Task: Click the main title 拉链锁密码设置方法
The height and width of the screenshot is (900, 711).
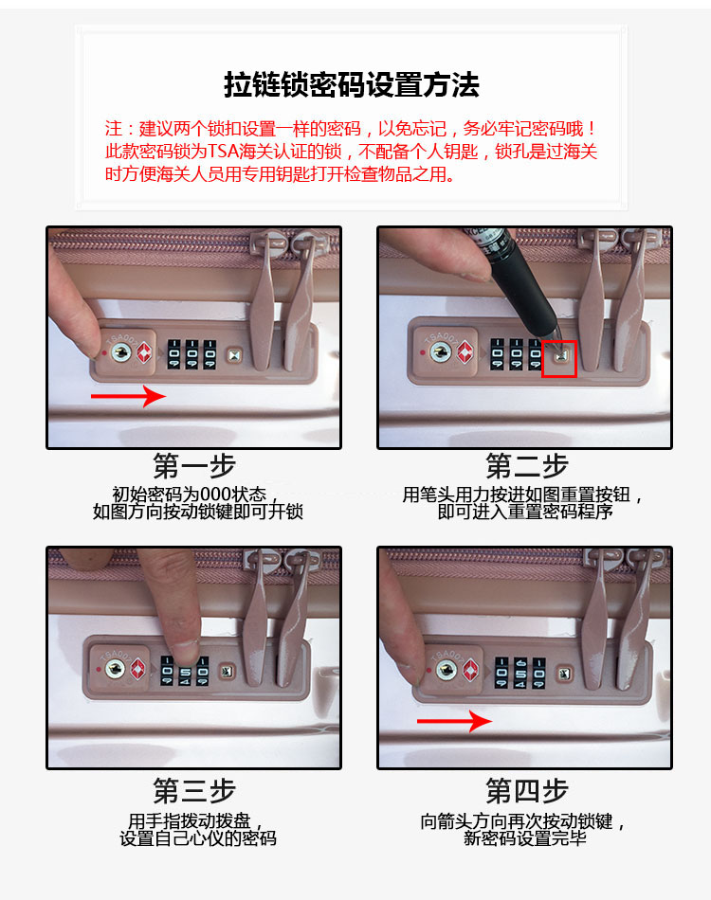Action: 352,85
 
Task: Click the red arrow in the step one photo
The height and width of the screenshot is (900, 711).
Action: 128,396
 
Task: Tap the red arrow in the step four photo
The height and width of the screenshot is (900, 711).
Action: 454,721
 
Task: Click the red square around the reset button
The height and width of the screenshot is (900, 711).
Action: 559,359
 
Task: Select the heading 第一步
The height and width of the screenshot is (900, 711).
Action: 194,465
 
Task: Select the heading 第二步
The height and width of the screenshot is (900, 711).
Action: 527,465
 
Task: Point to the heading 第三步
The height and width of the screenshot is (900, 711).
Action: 194,791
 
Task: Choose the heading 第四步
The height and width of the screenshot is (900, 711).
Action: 527,791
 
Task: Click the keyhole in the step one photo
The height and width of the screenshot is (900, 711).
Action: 120,352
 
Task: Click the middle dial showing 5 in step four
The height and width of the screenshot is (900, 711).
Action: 520,673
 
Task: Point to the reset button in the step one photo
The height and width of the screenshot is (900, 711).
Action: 234,356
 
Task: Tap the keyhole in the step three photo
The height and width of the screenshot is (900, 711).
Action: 115,669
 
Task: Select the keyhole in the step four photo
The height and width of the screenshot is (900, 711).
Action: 447,669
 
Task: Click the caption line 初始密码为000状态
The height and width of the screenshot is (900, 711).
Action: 189,495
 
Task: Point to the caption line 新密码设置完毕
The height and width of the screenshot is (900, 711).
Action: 525,838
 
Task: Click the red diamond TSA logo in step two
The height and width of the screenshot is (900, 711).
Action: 465,351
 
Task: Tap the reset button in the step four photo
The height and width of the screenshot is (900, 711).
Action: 564,674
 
